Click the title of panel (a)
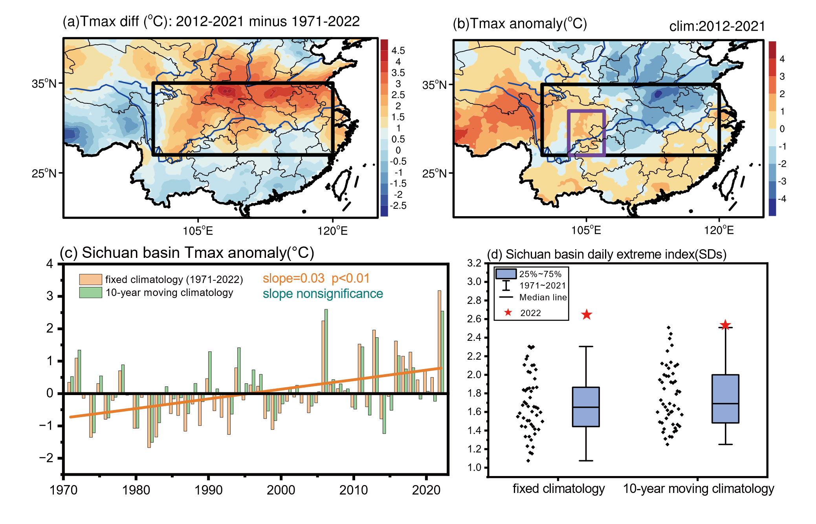click(211, 22)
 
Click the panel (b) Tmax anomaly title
click(519, 24)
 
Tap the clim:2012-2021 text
click(717, 26)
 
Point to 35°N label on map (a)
click(44, 83)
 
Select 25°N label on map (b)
click(435, 173)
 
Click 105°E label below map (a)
click(198, 231)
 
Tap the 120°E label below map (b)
click(719, 230)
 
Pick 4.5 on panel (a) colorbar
click(398, 50)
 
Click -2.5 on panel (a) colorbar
click(398, 206)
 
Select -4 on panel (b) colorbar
click(782, 199)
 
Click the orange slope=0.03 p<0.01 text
click(316, 278)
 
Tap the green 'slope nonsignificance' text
click(323, 294)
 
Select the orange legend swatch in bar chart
click(91, 279)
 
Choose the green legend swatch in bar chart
click(91, 292)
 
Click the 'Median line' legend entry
click(543, 298)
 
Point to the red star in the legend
click(508, 313)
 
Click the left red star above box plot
click(587, 314)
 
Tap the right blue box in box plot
click(725, 399)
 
